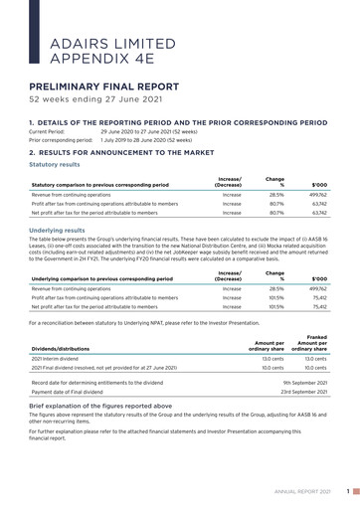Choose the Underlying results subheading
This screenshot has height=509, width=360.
(59, 228)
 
